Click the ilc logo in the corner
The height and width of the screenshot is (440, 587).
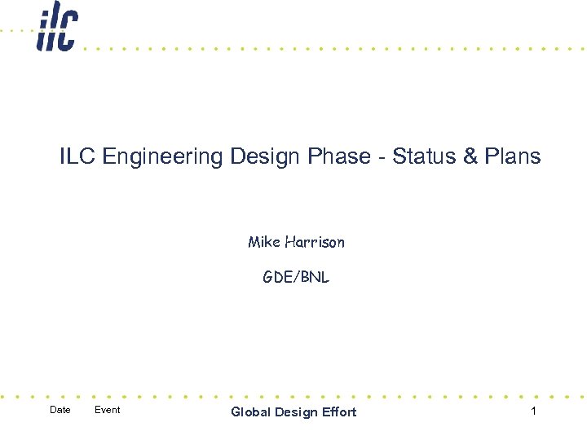[56, 30]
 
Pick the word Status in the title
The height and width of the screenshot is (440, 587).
[424, 156]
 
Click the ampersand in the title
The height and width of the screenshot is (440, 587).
[470, 156]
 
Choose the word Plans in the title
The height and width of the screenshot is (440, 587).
[513, 156]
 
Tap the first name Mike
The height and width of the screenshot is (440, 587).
[264, 242]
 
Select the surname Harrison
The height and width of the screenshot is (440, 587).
[315, 242]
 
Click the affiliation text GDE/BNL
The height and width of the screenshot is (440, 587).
[296, 277]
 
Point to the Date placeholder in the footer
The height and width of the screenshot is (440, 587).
[60, 410]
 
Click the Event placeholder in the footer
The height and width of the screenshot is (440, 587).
[107, 410]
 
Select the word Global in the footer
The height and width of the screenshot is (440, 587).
[251, 412]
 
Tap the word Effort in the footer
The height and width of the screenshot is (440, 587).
[338, 412]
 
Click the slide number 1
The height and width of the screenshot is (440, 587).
[533, 411]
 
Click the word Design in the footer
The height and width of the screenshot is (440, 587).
[295, 412]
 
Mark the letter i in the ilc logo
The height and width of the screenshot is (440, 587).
[42, 31]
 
